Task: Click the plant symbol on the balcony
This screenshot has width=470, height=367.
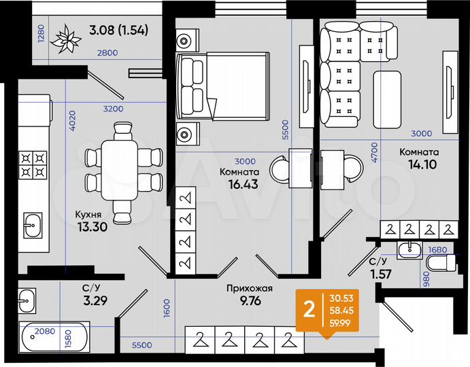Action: pyautogui.click(x=69, y=39)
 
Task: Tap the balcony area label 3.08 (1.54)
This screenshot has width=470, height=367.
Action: pyautogui.click(x=118, y=30)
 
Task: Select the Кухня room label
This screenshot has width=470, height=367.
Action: pyautogui.click(x=88, y=215)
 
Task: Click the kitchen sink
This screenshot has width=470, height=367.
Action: pyautogui.click(x=31, y=225)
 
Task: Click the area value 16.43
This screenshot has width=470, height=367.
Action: pyautogui.click(x=243, y=183)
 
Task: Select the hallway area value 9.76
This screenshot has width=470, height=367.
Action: pyautogui.click(x=250, y=301)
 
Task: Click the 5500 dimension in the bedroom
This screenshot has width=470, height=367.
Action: pyautogui.click(x=286, y=129)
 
